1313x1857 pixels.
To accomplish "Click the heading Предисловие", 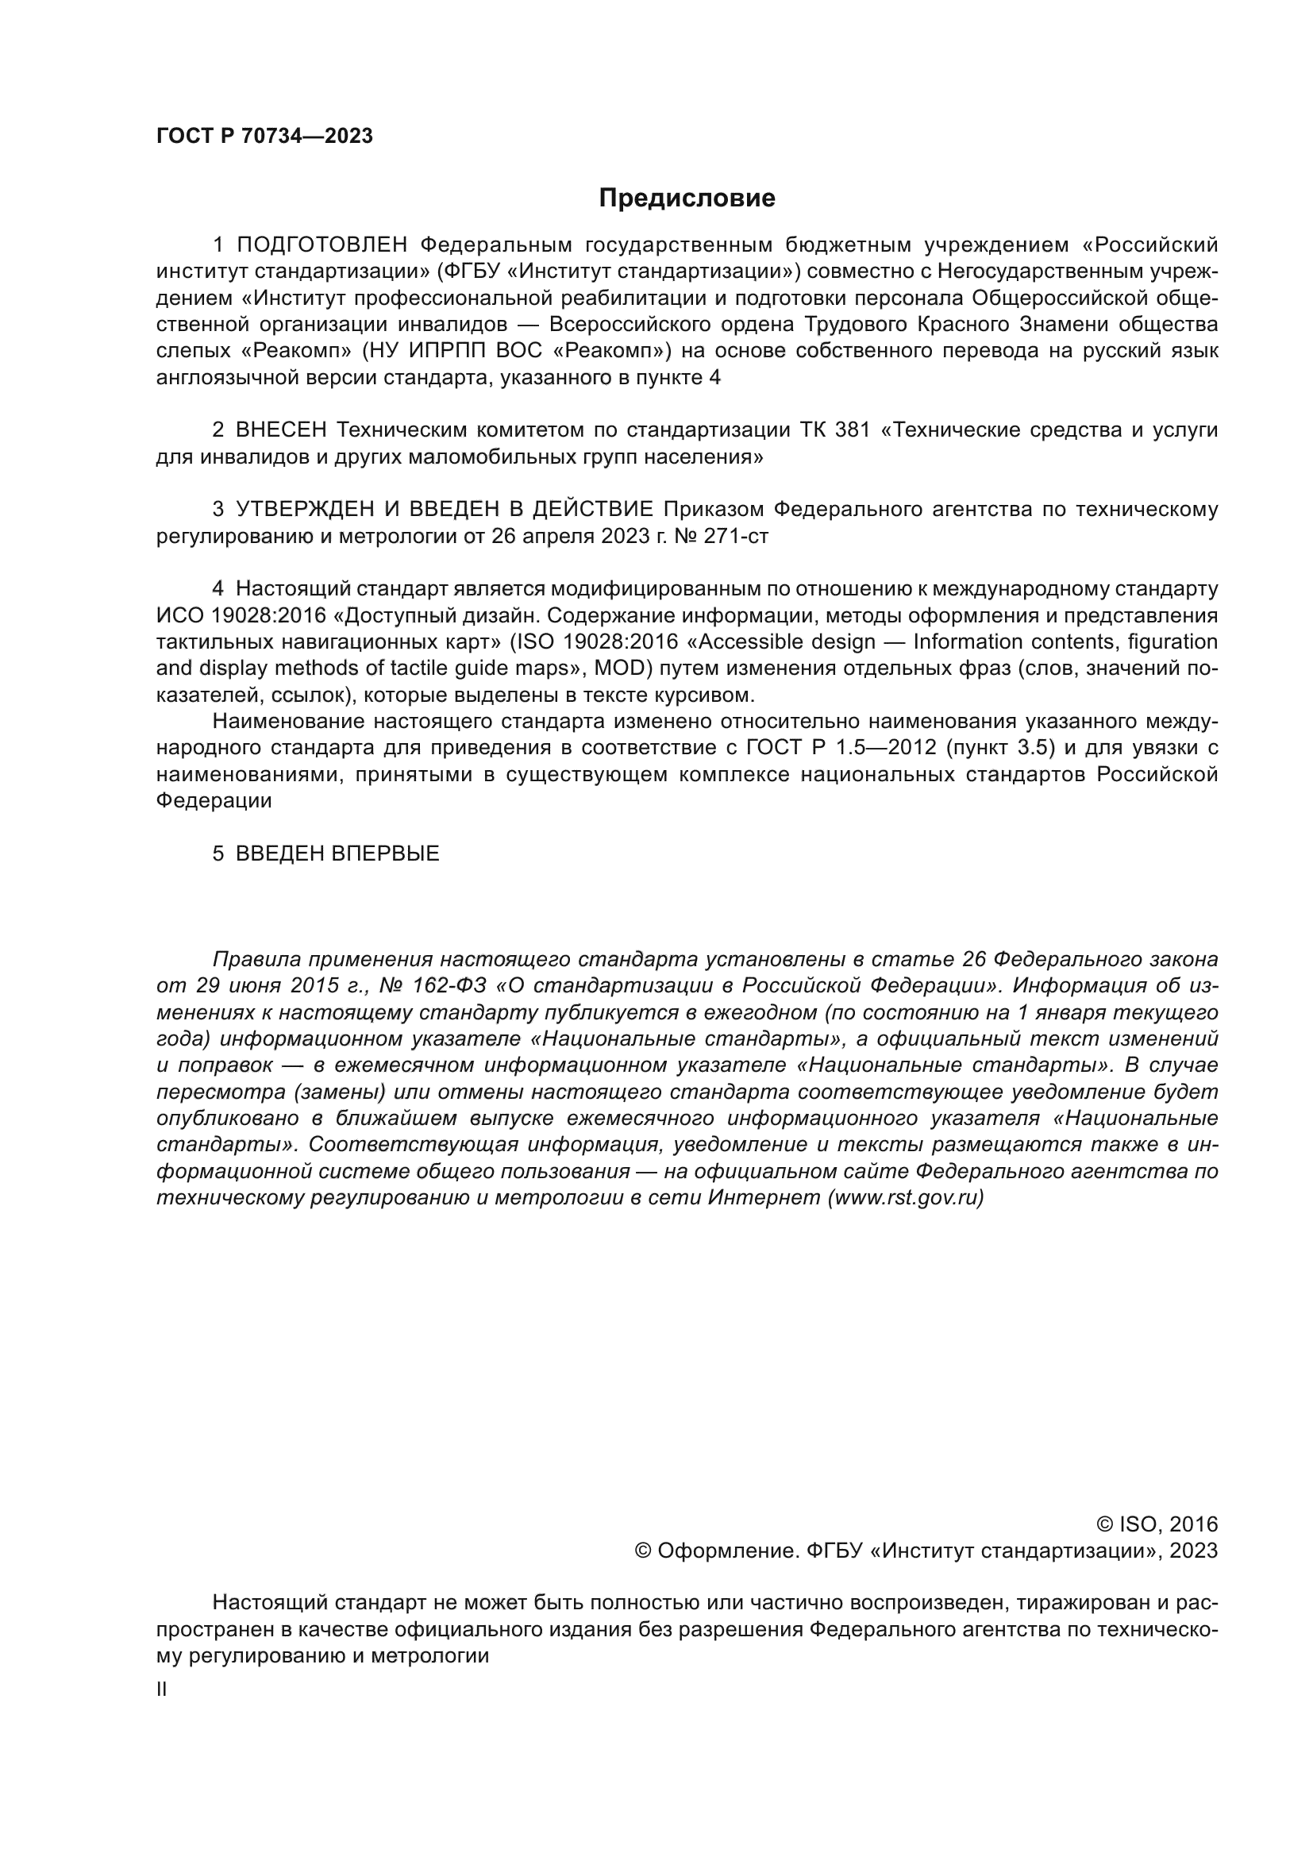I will tap(687, 198).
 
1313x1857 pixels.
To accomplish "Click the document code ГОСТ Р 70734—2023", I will tap(264, 136).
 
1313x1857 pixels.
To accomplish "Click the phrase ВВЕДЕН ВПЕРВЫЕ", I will tap(337, 853).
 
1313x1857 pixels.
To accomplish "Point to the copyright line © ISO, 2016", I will tap(1156, 1524).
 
